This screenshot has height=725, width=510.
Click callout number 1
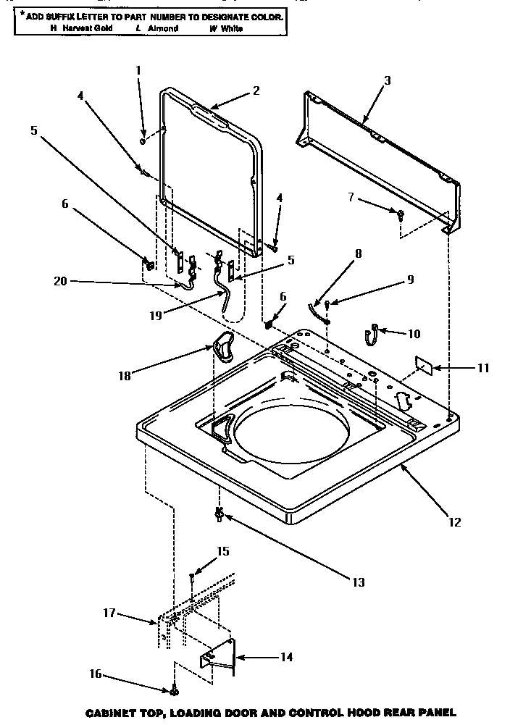pyautogui.click(x=138, y=70)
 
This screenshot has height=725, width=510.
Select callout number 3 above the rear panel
pyautogui.click(x=387, y=80)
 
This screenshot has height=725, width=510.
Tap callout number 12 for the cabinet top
pyautogui.click(x=454, y=521)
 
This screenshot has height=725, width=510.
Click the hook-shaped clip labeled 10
pyautogui.click(x=371, y=335)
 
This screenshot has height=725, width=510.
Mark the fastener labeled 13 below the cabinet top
pyautogui.click(x=218, y=516)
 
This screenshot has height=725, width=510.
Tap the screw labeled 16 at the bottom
pyautogui.click(x=175, y=690)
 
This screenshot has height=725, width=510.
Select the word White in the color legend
pyautogui.click(x=233, y=28)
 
